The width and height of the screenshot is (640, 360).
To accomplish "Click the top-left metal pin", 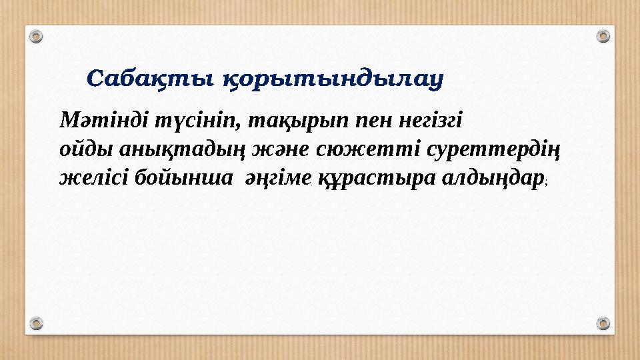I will point(37,35).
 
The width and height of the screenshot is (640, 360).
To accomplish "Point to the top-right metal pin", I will point(603,35).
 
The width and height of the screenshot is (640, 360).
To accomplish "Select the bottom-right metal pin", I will point(603,323).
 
